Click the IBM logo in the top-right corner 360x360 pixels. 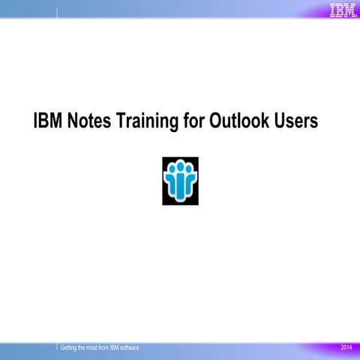pyautogui.click(x=342, y=10)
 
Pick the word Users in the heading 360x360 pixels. pyautogui.click(x=298, y=121)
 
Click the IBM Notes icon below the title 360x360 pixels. pyautogui.click(x=179, y=181)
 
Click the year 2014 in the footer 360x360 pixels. pyautogui.click(x=346, y=349)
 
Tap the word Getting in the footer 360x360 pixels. pyautogui.click(x=71, y=349)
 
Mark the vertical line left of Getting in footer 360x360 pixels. pyautogui.click(x=58, y=348)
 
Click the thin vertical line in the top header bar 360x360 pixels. pyautogui.click(x=58, y=11)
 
